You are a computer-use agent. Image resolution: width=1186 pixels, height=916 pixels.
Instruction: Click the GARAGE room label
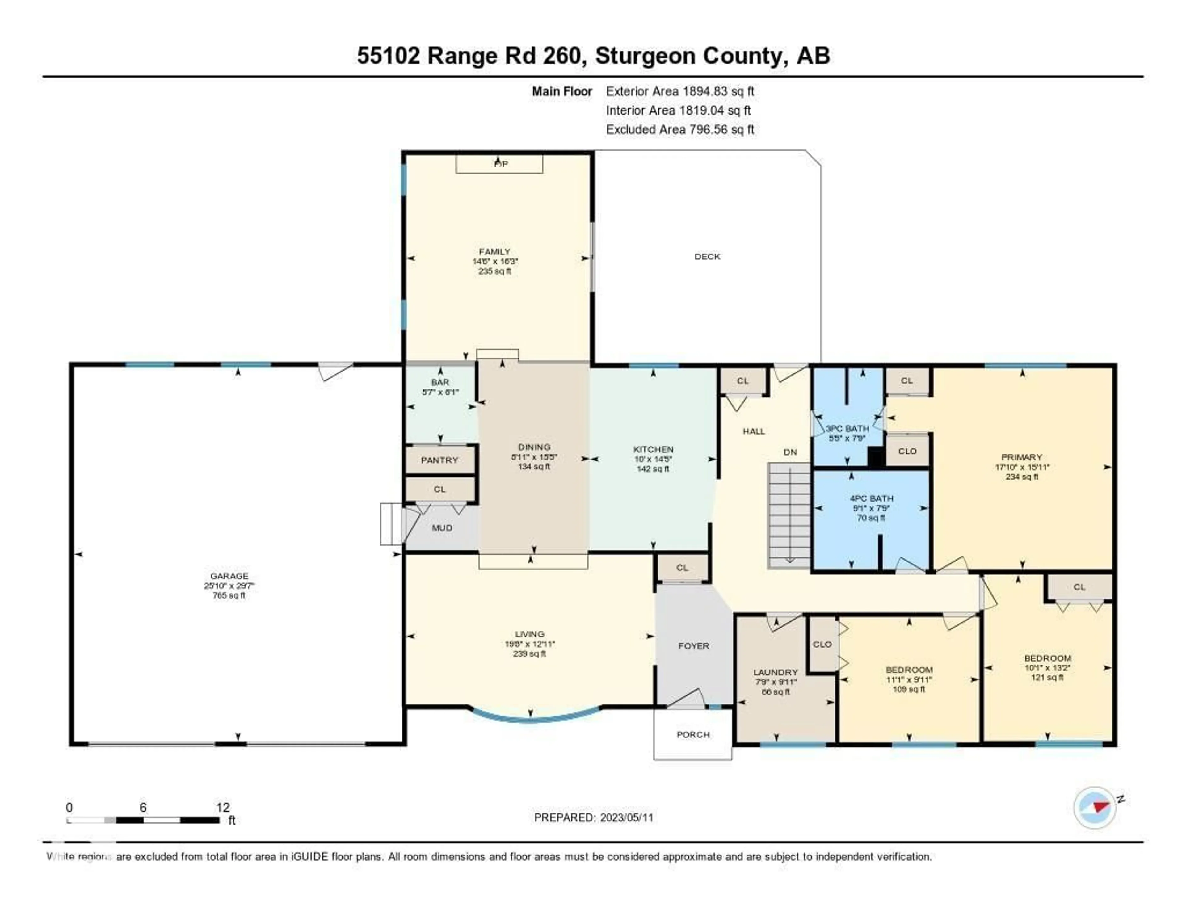click(229, 576)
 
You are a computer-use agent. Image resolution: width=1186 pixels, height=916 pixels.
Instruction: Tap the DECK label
click(707, 256)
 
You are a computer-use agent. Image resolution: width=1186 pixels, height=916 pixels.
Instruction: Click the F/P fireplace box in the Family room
click(499, 163)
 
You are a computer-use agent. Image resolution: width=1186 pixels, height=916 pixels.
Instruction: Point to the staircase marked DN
click(789, 516)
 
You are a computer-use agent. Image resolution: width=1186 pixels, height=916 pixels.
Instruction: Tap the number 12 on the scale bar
click(223, 807)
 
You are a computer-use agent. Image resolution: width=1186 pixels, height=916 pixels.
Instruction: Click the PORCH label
click(693, 735)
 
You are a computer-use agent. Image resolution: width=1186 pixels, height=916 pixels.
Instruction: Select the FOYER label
click(693, 645)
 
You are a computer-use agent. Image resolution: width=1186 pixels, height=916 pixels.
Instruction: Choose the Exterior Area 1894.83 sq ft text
click(680, 91)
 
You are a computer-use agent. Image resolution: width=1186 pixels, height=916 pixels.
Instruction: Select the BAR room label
click(440, 382)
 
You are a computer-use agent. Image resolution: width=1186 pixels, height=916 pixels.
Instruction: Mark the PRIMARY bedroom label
click(1021, 457)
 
